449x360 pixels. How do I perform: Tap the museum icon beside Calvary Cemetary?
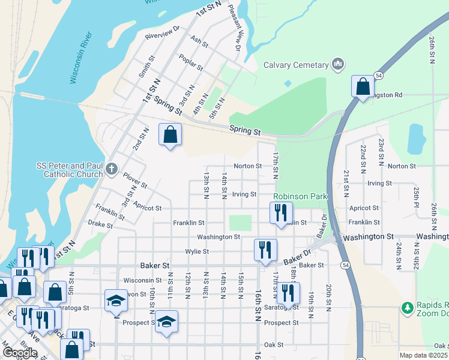pyautogui.click(x=338, y=64)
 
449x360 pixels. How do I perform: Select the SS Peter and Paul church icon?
pyautogui.click(x=112, y=169)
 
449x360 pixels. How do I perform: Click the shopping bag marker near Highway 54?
pyautogui.click(x=363, y=87)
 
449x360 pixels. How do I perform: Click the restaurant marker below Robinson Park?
pyautogui.click(x=280, y=213)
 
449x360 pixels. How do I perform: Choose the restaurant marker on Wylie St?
pyautogui.click(x=265, y=250)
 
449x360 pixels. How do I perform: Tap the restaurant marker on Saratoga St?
pyautogui.click(x=289, y=293)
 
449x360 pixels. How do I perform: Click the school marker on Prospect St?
pyautogui.click(x=167, y=321)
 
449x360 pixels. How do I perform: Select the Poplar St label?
pyautogui.click(x=191, y=62)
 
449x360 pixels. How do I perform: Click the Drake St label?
pyautogui.click(x=100, y=224)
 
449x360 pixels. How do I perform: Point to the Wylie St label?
pyautogui.click(x=197, y=251)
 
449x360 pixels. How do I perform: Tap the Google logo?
pyautogui.click(x=20, y=353)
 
